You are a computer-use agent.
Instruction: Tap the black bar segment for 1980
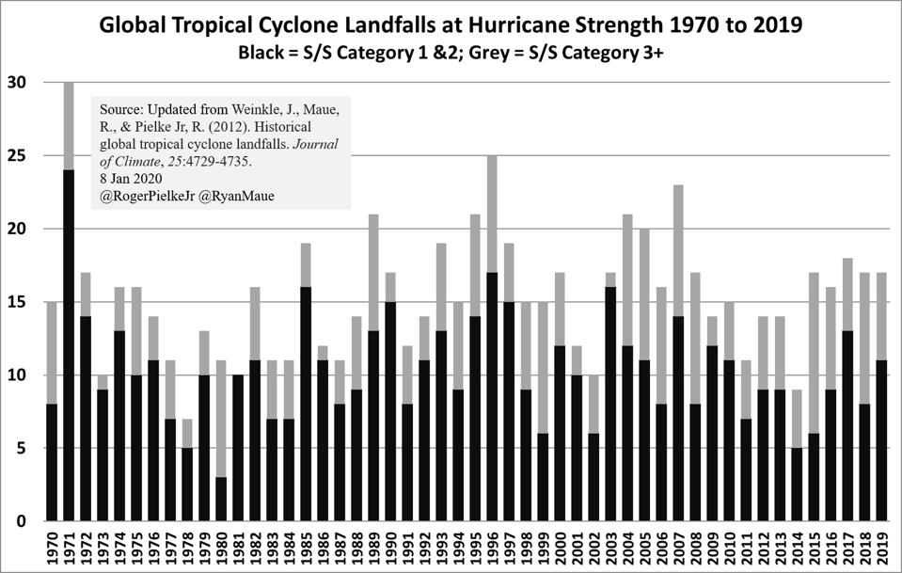click(221, 499)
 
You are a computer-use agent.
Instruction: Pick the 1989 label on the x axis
click(373, 549)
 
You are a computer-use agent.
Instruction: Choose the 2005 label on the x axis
click(644, 549)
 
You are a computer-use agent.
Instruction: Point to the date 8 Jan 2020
click(131, 177)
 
